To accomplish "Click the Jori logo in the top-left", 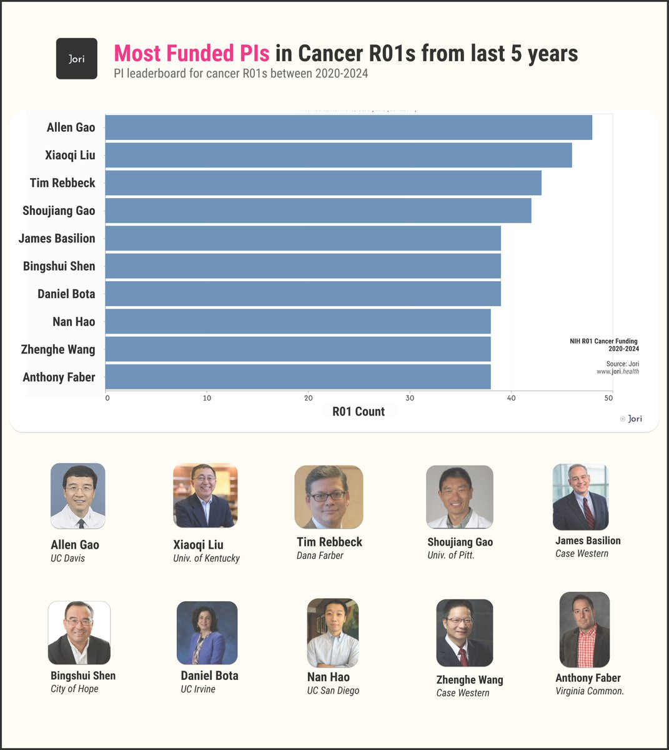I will point(77,59).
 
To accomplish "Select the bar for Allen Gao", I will point(348,127).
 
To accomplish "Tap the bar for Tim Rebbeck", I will point(323,183).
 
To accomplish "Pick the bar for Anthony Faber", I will point(297,377).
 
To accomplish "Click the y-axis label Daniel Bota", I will point(66,294).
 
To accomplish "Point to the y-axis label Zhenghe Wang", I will point(58,349).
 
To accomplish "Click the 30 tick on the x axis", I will point(410,398).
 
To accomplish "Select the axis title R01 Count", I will point(359,411).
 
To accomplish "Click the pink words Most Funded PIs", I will point(192,53).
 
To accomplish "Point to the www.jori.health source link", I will point(617,371).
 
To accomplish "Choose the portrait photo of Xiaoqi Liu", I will point(205,496).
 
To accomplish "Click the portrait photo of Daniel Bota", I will point(207,632).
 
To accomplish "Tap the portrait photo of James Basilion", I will point(580,497).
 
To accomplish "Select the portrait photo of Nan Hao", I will point(333,632).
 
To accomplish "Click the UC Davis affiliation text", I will point(67,558).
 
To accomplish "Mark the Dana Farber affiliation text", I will point(320,556).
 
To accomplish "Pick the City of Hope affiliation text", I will point(74,689).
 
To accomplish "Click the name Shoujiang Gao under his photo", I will point(460,542).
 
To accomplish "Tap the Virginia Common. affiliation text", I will point(590,691).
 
